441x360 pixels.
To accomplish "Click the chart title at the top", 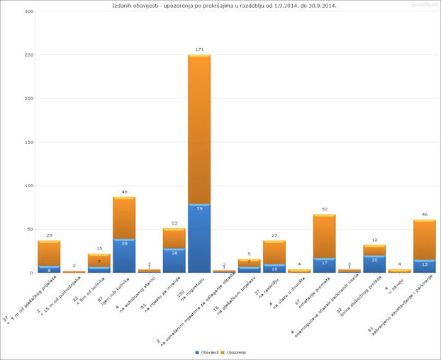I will pyautogui.click(x=224, y=5).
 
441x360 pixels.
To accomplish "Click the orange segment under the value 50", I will pyautogui.click(x=323, y=236).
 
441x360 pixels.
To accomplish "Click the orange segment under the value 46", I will pyautogui.click(x=424, y=240).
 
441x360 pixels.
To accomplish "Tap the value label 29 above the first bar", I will pyautogui.click(x=49, y=235).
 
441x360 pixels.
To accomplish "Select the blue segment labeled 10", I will pyautogui.click(x=274, y=269).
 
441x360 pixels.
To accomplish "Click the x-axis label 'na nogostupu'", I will pyautogui.click(x=191, y=291).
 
